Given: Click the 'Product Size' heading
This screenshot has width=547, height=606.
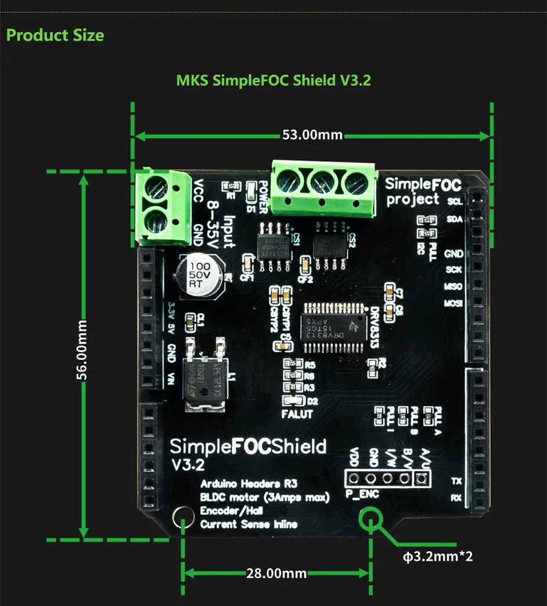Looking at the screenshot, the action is (x=55, y=35).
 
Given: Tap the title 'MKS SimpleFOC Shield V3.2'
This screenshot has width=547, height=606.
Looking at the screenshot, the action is (x=273, y=80).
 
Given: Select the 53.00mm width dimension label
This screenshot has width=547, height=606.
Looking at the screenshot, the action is (x=312, y=135).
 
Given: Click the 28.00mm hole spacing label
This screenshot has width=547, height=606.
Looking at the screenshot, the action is (x=276, y=573).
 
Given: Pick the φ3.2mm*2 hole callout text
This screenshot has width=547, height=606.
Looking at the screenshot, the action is (x=438, y=557).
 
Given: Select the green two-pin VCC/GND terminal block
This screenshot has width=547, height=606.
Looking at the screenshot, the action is (x=163, y=206).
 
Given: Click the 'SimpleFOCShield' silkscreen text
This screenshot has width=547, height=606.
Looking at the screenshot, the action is (x=248, y=447).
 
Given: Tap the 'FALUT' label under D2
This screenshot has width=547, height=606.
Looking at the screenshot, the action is (x=297, y=414).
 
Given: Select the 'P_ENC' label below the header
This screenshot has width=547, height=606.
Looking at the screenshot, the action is (x=362, y=495).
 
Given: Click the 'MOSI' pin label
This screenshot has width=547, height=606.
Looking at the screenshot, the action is (x=453, y=304).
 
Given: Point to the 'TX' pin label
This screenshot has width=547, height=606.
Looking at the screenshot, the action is (x=456, y=481).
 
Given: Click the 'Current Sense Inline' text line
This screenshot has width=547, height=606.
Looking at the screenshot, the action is (x=249, y=524).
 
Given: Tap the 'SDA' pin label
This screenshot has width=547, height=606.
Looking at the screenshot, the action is (x=455, y=219).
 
